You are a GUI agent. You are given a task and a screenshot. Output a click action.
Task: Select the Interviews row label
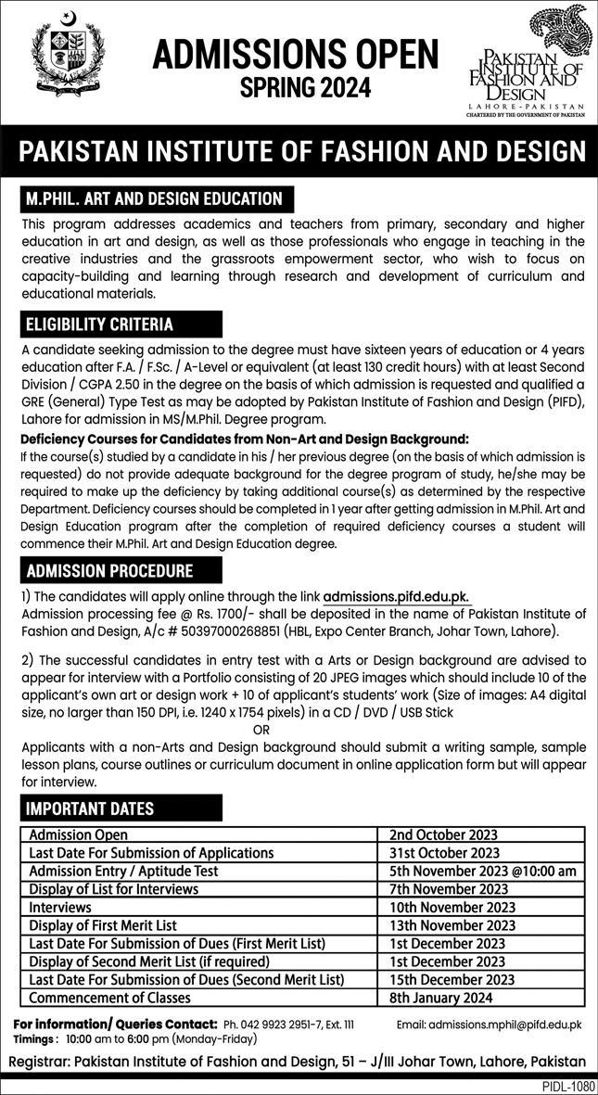[x=60, y=907]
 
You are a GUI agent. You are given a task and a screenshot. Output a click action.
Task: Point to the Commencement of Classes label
[x=110, y=998]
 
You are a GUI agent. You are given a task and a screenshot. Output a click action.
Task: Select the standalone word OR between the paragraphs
[x=262, y=729]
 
